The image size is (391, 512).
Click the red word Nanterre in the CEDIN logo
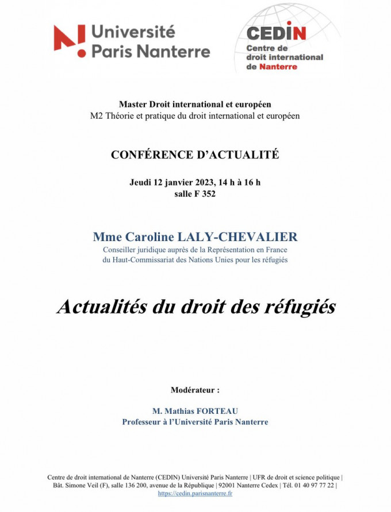[279, 67]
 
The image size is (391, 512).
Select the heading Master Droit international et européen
[194, 104]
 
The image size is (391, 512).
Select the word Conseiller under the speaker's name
[122, 250]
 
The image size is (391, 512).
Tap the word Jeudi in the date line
[141, 183]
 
